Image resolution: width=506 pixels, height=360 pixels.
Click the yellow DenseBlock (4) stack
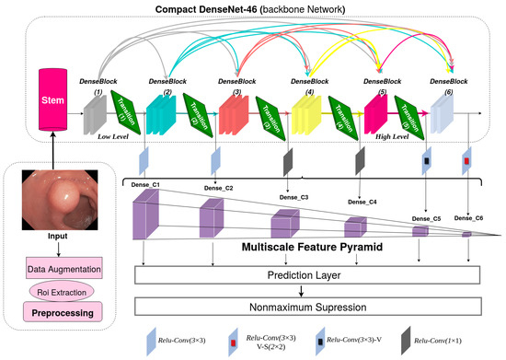[x=303, y=110]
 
